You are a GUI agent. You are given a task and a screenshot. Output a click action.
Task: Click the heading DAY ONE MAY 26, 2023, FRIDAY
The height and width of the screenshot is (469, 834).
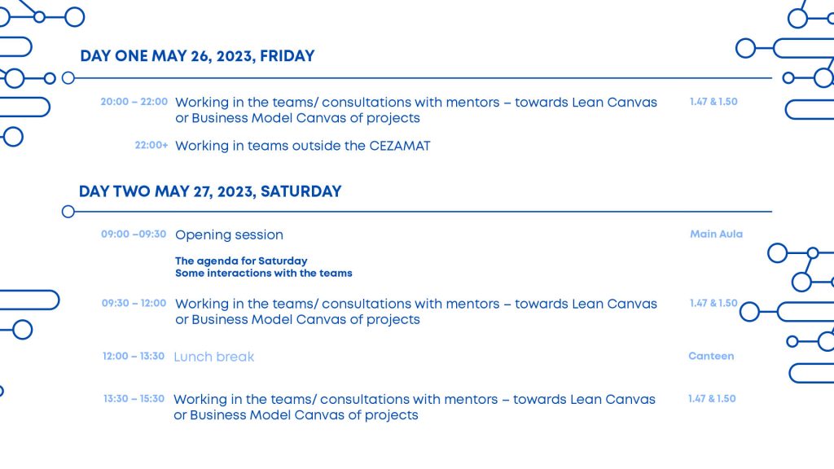click(197, 56)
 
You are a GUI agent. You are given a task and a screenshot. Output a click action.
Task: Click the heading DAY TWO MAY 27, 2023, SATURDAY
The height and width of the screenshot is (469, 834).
click(210, 191)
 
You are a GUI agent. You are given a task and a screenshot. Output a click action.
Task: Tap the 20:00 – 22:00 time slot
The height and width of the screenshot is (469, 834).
click(134, 102)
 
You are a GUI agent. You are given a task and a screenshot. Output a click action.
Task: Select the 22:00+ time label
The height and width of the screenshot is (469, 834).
click(151, 146)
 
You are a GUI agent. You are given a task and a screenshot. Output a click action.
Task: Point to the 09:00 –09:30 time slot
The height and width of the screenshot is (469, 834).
click(134, 234)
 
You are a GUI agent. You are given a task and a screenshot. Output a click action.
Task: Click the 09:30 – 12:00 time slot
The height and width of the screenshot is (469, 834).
click(134, 303)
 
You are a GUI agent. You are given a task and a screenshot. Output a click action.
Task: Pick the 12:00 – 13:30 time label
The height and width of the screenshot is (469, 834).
click(134, 356)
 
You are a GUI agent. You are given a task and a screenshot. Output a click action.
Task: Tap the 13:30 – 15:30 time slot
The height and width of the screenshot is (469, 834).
click(134, 399)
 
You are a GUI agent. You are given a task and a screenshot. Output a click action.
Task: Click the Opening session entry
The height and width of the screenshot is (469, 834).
click(229, 234)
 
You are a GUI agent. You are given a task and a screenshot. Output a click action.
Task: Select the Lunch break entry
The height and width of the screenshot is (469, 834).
click(214, 357)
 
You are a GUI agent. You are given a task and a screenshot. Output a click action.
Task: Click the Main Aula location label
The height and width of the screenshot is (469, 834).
click(716, 234)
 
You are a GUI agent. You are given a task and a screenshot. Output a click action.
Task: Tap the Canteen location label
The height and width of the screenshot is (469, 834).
click(711, 356)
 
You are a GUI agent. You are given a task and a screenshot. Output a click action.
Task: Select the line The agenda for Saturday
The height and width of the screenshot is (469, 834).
click(241, 261)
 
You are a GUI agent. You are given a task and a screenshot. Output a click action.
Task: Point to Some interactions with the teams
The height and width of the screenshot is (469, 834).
click(263, 274)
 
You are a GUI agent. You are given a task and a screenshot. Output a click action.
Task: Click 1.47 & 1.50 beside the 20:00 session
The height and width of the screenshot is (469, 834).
click(713, 102)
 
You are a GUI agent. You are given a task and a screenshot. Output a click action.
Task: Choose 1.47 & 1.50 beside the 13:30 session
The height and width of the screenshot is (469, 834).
click(711, 399)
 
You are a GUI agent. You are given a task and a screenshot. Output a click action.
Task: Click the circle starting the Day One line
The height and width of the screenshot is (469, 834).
click(68, 78)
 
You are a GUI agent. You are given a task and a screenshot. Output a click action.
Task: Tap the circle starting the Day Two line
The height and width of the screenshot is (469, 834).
click(68, 212)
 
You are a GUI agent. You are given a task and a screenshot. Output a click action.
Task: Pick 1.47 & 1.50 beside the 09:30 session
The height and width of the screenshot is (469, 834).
click(713, 303)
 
